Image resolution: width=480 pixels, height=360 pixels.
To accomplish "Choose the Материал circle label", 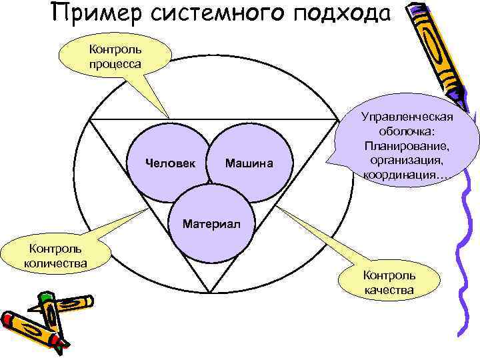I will click(209, 220).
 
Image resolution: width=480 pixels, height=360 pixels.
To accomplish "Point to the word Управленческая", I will click(407, 117).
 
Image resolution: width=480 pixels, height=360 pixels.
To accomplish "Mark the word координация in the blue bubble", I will click(405, 175).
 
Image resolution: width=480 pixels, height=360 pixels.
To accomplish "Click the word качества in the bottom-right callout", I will click(389, 290).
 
